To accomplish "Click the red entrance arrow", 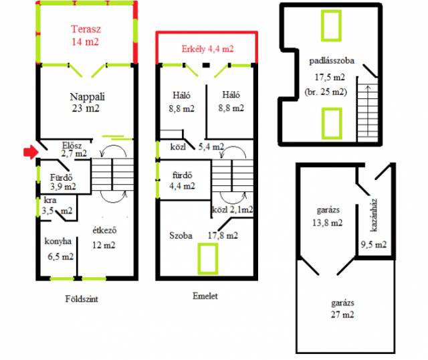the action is pos(31,152).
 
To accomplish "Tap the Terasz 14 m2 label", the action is pos(86,35).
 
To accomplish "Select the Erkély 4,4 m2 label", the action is pos(207,49).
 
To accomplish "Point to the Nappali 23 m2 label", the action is pos(87,102).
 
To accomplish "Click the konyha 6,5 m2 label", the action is pos(59,249).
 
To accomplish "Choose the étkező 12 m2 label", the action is pos(104,238).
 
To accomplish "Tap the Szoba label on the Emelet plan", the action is pos(181,236).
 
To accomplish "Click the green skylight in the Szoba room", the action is pos(208,259).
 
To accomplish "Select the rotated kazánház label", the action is pos(374,215).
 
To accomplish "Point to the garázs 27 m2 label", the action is pos(342,308).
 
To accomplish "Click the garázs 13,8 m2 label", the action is pos(328,217).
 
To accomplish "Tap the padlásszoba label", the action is pos(332,61).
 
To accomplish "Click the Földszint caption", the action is pos(82,299).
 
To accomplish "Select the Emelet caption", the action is pos(205,296).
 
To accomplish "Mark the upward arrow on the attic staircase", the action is pos(368,111).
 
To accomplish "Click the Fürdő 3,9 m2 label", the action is pos(62,182).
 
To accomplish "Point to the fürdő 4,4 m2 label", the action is pos(182,181).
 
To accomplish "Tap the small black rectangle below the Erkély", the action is pos(206,65).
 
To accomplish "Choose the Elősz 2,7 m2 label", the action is pos(73,149).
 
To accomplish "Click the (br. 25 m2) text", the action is pos(326,92).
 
